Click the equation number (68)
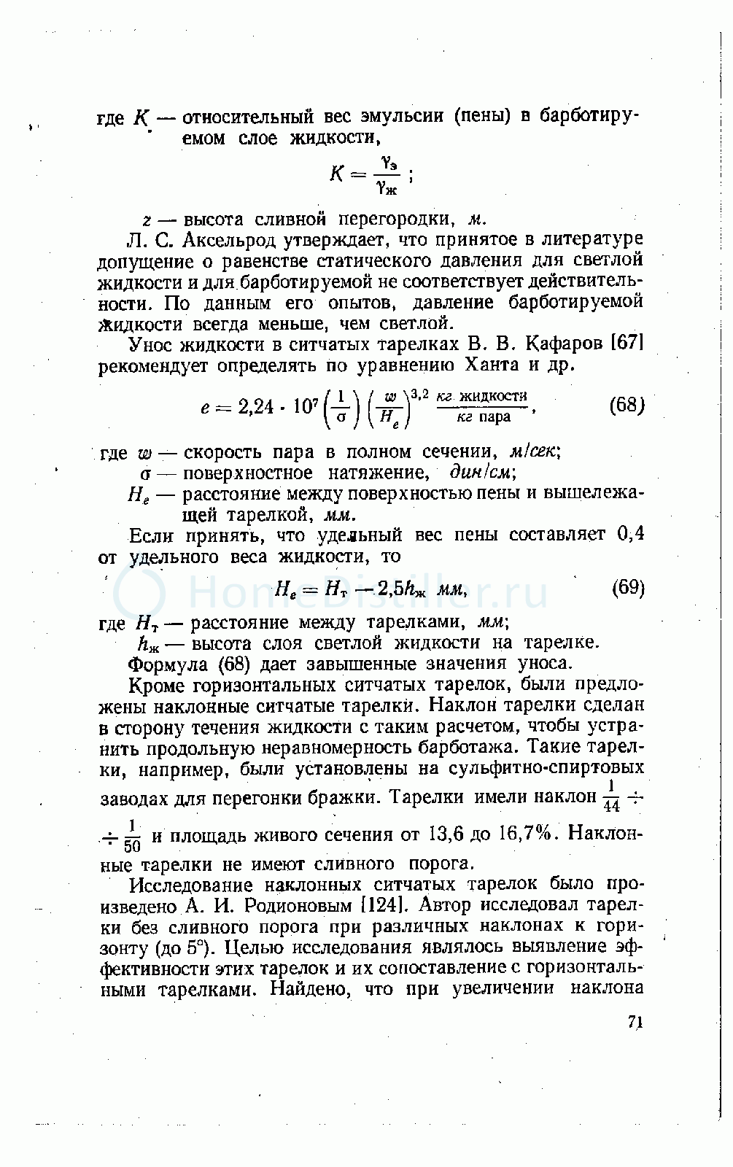coord(627,406)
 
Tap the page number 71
coord(635,1023)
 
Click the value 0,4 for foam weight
coord(632,535)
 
